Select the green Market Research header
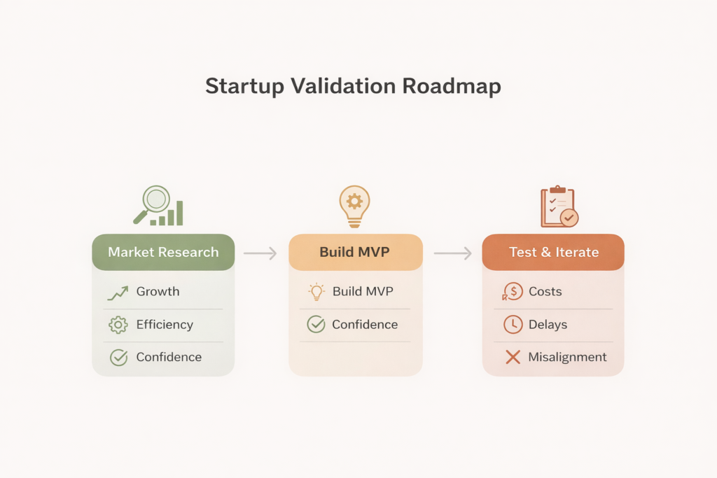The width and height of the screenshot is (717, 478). pyautogui.click(x=163, y=252)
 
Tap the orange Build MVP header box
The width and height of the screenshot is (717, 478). pyautogui.click(x=356, y=252)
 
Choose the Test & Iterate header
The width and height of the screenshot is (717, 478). pyautogui.click(x=553, y=252)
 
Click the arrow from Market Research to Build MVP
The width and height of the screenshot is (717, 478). pyautogui.click(x=260, y=253)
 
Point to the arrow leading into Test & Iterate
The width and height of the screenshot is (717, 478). pyautogui.click(x=452, y=253)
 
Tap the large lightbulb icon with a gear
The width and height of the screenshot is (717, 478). pyautogui.click(x=354, y=205)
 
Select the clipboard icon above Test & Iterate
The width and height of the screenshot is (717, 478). pyautogui.click(x=557, y=207)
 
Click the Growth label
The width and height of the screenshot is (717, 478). pyautogui.click(x=158, y=292)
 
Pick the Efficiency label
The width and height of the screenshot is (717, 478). pyautogui.click(x=165, y=325)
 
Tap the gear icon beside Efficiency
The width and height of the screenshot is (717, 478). pyautogui.click(x=118, y=325)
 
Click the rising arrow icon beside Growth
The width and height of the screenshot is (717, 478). pyautogui.click(x=118, y=293)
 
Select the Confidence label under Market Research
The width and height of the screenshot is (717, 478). pyautogui.click(x=169, y=357)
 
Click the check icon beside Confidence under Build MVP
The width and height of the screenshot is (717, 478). pyautogui.click(x=316, y=325)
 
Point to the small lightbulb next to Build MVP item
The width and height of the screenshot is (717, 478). pyautogui.click(x=316, y=292)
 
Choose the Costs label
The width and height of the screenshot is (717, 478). pyautogui.click(x=545, y=292)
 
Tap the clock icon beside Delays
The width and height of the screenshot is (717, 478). pyautogui.click(x=513, y=325)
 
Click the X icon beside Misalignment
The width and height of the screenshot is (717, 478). pyautogui.click(x=513, y=358)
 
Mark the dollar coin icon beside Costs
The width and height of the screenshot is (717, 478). pyautogui.click(x=513, y=292)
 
